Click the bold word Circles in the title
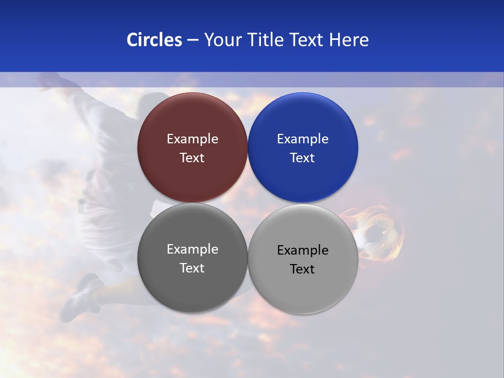pos(154,40)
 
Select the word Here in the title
pos(349,40)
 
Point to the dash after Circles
pos(193,40)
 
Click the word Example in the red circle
pos(192,139)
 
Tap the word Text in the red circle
pos(192,157)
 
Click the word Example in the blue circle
pos(303,139)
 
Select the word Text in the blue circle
pos(303,157)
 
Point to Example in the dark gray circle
pos(192,249)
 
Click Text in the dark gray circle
pos(192,268)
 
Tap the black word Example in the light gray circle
pos(303,250)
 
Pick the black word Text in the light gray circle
pos(303,269)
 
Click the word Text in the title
pos(307,40)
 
